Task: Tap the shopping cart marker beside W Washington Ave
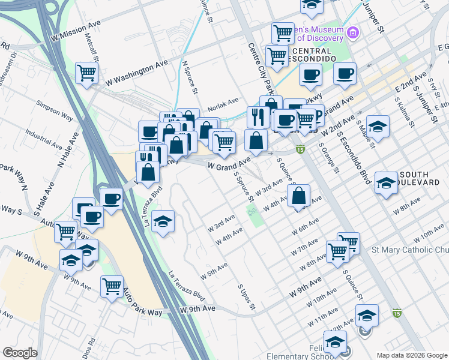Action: pyautogui.click(x=88, y=73)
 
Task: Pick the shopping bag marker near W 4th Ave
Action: pyautogui.click(x=298, y=196)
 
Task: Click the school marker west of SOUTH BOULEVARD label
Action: pyautogui.click(x=386, y=182)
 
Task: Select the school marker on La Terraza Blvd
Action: pyautogui.click(x=163, y=221)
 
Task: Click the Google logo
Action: pyautogui.click(x=20, y=353)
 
